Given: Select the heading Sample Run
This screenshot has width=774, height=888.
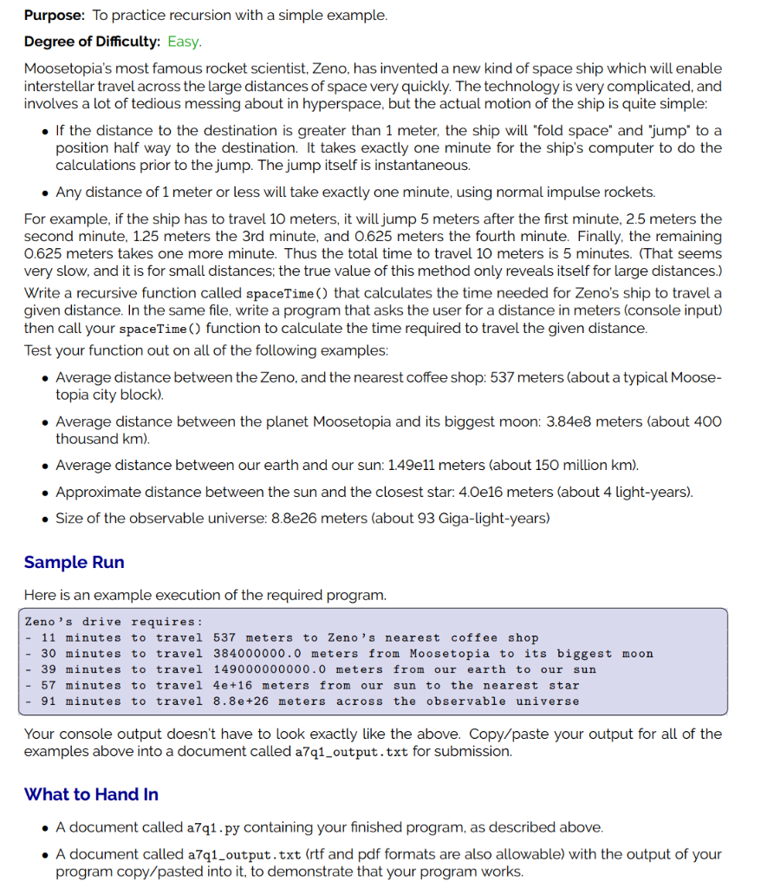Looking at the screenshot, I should point(74,562).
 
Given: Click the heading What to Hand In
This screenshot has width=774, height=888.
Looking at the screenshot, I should point(91,793).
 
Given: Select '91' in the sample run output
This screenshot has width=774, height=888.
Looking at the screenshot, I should point(49,701).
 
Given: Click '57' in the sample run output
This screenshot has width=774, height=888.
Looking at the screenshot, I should point(49,685).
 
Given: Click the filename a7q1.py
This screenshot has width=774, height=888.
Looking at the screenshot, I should point(215,827).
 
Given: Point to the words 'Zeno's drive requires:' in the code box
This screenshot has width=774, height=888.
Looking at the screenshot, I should point(114,622).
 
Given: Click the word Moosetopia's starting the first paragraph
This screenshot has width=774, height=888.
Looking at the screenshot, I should point(66,69).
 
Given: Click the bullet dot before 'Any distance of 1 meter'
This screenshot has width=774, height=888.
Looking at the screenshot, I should point(44,192).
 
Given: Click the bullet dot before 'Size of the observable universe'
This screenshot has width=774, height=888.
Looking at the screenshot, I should point(44,519).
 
